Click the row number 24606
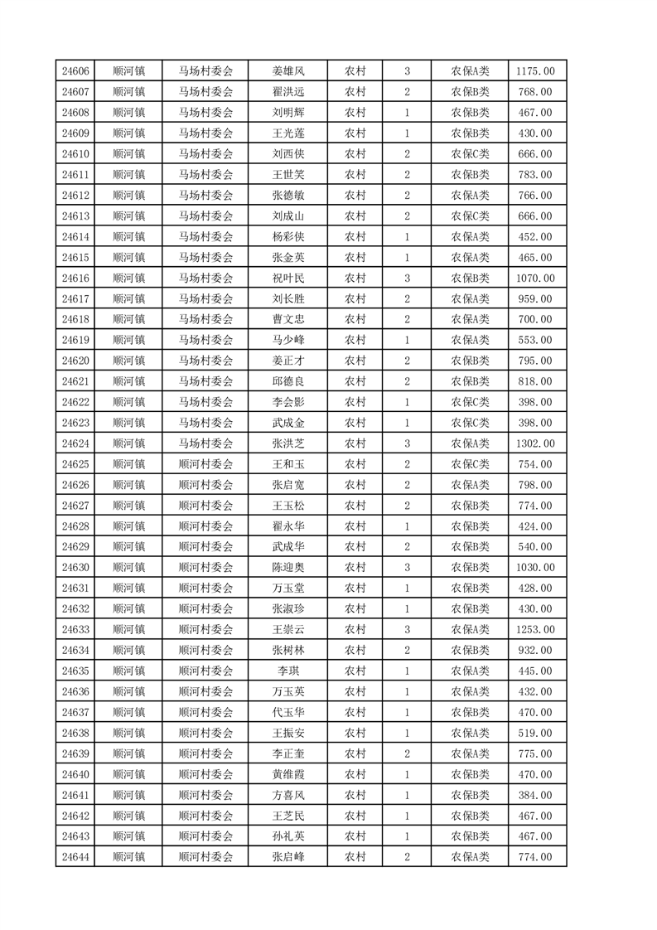pyautogui.click(x=75, y=71)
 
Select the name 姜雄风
pyautogui.click(x=288, y=71)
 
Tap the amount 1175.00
pyautogui.click(x=535, y=71)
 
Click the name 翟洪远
pyautogui.click(x=288, y=92)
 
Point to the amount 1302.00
pyautogui.click(x=535, y=443)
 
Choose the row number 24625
pyautogui.click(x=75, y=464)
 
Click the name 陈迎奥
pyautogui.click(x=288, y=568)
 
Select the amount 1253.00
pyautogui.click(x=535, y=630)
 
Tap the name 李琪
pyautogui.click(x=288, y=671)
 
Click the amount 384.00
pyautogui.click(x=535, y=796)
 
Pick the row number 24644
pyautogui.click(x=75, y=858)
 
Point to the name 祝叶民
pyautogui.click(x=288, y=279)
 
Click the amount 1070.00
pyautogui.click(x=535, y=279)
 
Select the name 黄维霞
pyautogui.click(x=288, y=775)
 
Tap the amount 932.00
pyautogui.click(x=535, y=651)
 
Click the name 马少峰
pyautogui.click(x=288, y=340)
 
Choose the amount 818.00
pyautogui.click(x=535, y=381)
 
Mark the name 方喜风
pyautogui.click(x=288, y=796)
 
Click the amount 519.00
pyautogui.click(x=535, y=734)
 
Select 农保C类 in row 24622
pyautogui.click(x=470, y=402)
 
